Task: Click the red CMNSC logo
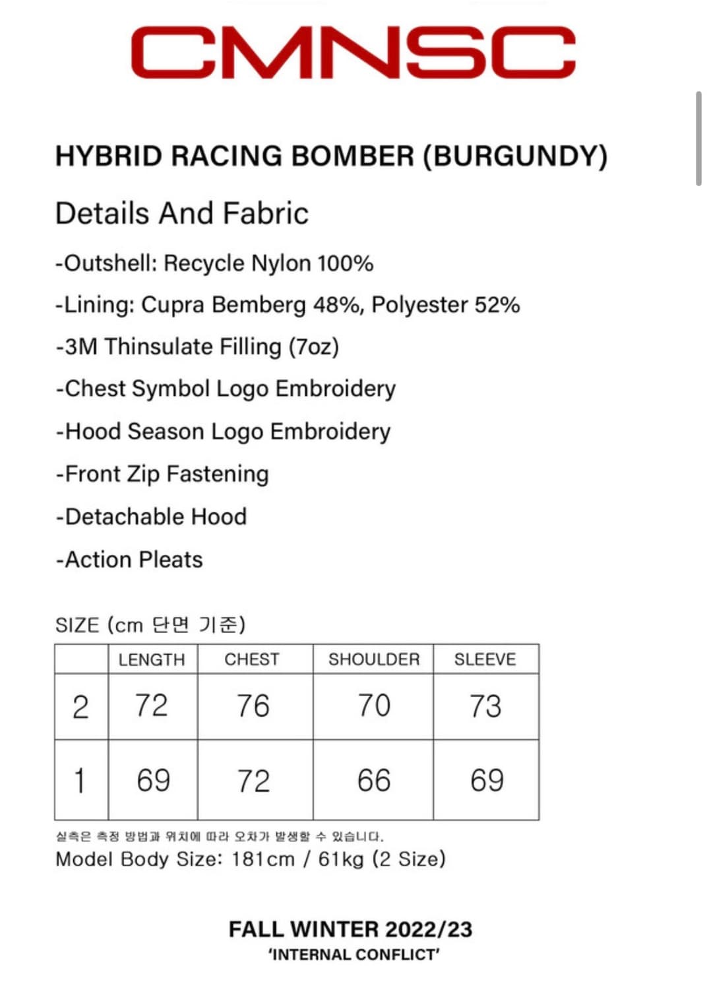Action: click(353, 52)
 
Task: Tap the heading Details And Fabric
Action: click(182, 213)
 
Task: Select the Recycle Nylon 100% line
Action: click(214, 263)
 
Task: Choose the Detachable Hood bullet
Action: click(152, 517)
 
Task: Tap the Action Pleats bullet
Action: click(129, 560)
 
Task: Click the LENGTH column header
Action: click(152, 659)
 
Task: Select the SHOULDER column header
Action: click(374, 659)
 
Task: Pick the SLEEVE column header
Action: click(485, 659)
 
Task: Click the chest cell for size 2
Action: click(253, 706)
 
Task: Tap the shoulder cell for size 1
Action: click(374, 780)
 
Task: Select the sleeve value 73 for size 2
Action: click(485, 706)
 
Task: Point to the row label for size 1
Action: click(80, 780)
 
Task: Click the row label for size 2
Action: click(80, 707)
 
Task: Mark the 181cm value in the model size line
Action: click(262, 859)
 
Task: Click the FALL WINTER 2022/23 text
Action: click(350, 929)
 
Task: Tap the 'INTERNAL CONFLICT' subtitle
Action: click(353, 955)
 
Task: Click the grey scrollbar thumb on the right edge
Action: click(698, 139)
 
